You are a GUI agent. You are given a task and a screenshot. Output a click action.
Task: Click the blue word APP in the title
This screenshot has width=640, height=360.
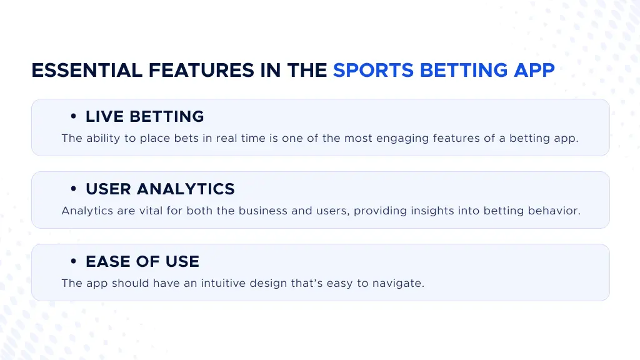point(534,71)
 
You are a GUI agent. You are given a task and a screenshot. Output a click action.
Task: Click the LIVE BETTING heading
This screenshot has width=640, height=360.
point(144,116)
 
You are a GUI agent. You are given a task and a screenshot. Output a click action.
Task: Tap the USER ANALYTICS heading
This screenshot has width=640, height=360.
point(160,189)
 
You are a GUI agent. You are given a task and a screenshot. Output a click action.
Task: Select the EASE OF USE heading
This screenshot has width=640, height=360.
point(142,261)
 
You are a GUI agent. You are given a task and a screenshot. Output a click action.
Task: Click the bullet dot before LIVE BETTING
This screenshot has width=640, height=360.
point(74,117)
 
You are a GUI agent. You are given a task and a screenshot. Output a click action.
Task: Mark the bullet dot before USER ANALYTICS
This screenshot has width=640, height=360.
point(74,189)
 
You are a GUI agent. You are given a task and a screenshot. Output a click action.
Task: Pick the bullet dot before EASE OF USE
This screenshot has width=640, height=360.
point(74,262)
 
